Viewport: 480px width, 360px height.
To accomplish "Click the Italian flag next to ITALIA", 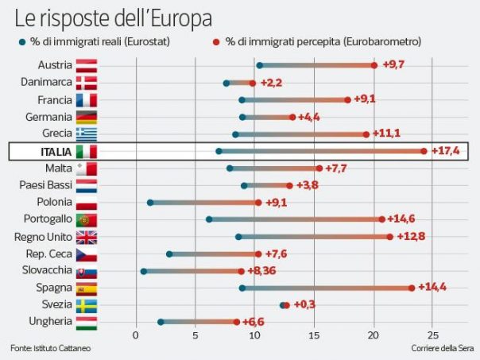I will tap(86, 151).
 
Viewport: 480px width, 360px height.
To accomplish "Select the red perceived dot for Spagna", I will tap(412, 288).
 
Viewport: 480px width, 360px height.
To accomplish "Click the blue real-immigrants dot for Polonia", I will tap(150, 203).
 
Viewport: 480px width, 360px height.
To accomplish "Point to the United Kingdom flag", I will tap(86, 237).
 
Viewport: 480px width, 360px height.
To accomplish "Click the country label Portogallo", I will tap(49, 219).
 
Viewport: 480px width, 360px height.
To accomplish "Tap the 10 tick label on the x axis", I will tap(254, 336).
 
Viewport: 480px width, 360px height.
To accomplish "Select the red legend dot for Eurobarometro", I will tap(215, 41).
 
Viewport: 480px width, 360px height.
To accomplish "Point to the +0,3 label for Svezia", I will tap(305, 304).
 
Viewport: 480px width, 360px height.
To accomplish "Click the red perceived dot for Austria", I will tap(374, 65).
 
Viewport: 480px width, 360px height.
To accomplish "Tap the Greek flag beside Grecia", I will tap(86, 134).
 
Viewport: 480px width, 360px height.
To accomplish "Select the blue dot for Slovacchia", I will tap(144, 271).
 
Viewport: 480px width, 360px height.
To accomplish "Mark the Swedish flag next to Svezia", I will tap(86, 305).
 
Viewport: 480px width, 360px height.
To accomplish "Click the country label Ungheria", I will tap(51, 322).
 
